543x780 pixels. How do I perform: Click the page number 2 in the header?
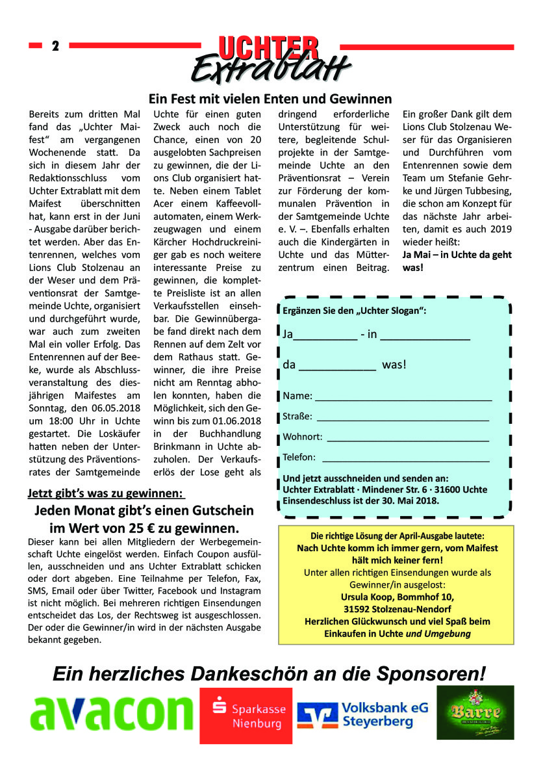(x=55, y=46)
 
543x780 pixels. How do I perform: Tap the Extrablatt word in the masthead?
(x=271, y=68)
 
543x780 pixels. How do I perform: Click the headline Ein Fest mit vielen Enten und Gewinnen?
(x=270, y=99)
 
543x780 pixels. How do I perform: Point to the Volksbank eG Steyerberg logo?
(x=362, y=714)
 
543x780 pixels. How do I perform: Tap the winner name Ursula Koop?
(x=373, y=596)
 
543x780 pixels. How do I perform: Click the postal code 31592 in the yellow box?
(x=358, y=608)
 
